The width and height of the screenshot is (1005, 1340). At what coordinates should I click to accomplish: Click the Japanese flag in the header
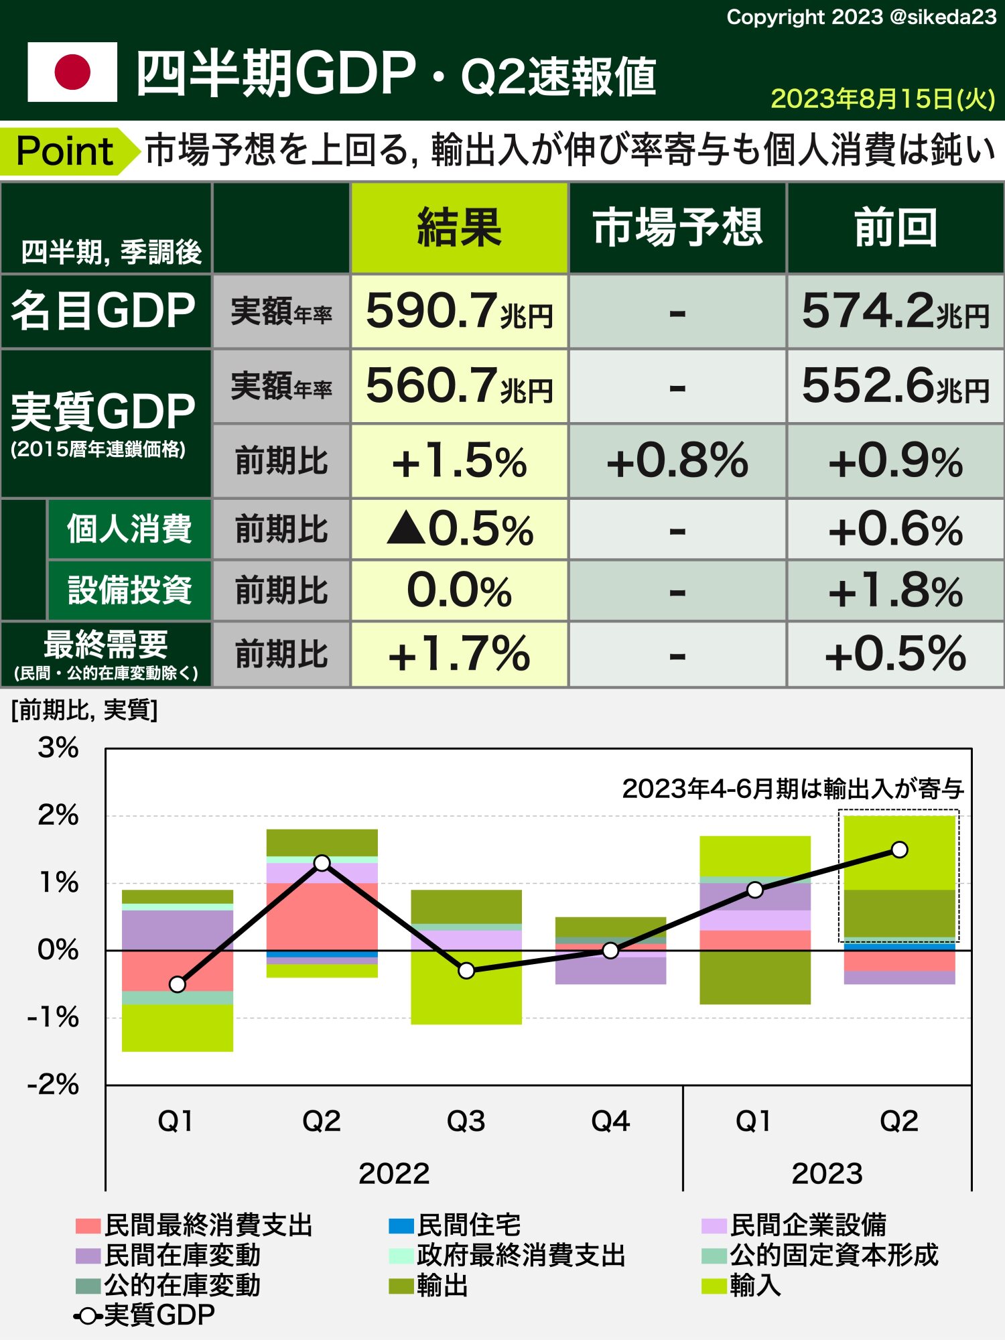click(72, 72)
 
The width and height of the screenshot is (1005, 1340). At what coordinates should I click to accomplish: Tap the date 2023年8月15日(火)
click(882, 99)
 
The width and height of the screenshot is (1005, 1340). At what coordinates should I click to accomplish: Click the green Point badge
click(65, 151)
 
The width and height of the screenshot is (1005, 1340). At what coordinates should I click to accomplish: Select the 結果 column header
click(459, 228)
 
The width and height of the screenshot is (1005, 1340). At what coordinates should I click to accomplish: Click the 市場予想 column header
click(677, 228)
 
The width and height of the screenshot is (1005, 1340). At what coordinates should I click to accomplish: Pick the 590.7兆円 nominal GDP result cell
click(459, 312)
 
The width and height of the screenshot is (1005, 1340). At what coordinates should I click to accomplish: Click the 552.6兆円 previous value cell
click(895, 386)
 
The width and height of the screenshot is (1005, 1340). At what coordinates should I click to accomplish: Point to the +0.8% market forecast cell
click(677, 461)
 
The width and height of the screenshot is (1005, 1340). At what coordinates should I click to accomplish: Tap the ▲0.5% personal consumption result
click(459, 529)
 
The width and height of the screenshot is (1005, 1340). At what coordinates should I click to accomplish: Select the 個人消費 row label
click(129, 529)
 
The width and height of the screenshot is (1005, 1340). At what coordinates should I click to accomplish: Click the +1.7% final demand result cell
click(459, 655)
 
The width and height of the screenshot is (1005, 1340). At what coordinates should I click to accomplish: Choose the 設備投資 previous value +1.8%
click(895, 591)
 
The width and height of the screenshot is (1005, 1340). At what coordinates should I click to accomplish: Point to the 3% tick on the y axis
click(58, 748)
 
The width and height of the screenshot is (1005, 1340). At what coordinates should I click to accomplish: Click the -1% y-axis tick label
click(54, 1018)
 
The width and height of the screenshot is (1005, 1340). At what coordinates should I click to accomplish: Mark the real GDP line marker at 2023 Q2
click(899, 850)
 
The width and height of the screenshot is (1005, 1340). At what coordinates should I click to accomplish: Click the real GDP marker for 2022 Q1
click(178, 984)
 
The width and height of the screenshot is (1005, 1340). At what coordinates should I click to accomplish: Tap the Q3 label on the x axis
click(466, 1121)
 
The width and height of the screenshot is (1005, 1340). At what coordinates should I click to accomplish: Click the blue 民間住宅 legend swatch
click(401, 1226)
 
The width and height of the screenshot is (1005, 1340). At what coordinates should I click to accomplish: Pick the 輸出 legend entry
click(429, 1285)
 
